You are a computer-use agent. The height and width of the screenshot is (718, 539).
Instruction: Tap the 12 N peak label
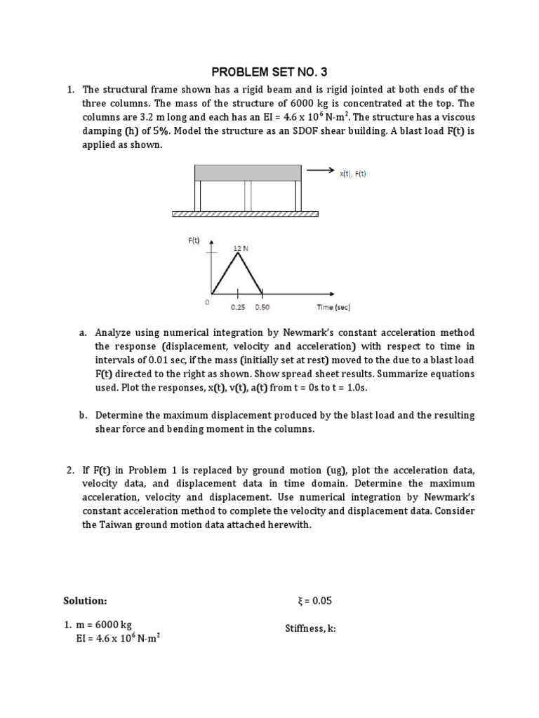pos(241,248)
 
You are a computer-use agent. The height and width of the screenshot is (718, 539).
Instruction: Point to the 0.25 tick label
pos(237,307)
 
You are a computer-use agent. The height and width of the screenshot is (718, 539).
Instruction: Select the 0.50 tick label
pos(262,307)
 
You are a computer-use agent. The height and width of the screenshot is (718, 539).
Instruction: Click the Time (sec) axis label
pos(333,307)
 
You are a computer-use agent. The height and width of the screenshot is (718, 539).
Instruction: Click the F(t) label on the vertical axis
pos(194,241)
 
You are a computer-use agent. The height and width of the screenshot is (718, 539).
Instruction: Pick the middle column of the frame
pos(247,195)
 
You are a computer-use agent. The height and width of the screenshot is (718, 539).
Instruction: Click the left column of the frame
pos(198,195)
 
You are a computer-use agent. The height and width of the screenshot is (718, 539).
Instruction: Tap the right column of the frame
pos(298,195)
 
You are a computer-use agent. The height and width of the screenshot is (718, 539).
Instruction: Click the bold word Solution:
pos(85,601)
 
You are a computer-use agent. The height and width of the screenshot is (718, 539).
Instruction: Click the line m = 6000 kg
pos(104,625)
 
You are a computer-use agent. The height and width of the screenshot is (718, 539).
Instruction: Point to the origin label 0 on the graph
pos(207,301)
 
